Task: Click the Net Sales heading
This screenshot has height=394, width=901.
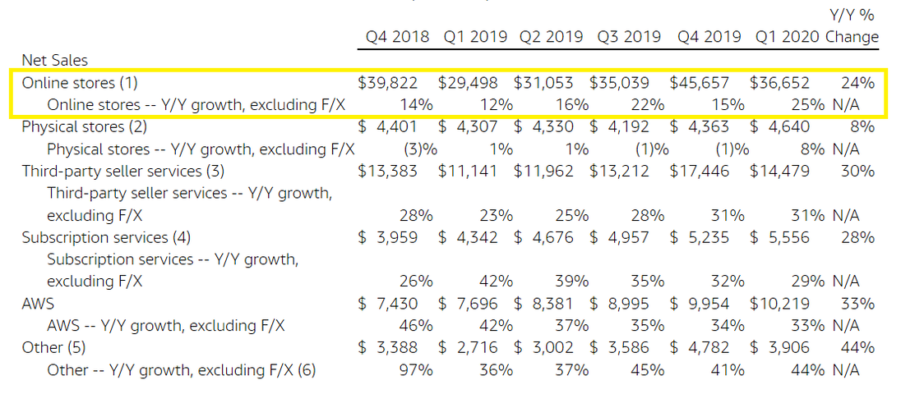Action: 55,60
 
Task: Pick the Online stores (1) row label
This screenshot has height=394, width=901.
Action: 80,82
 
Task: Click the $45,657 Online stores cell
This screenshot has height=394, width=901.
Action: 700,82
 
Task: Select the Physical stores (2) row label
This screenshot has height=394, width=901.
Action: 84,126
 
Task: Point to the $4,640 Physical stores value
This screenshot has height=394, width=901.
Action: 779,126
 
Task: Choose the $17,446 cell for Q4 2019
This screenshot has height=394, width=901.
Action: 700,171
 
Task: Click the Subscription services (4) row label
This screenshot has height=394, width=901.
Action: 106,237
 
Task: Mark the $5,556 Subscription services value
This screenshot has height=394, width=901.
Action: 779,237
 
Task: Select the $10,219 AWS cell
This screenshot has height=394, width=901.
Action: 779,304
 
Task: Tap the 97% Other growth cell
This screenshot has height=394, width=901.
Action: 416,370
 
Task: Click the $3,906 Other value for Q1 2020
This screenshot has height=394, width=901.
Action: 779,348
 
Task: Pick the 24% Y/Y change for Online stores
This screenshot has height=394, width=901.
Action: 857,82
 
